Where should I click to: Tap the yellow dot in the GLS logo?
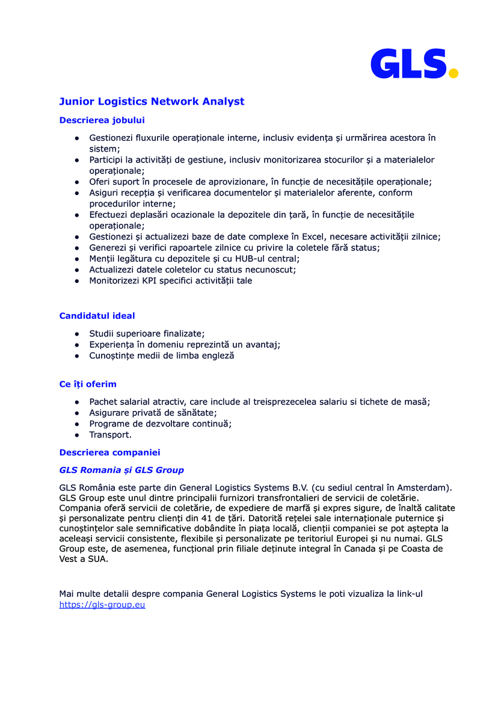(453, 73)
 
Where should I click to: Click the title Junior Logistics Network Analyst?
(152, 101)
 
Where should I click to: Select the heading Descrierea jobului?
(102, 120)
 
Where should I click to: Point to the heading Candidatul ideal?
(97, 316)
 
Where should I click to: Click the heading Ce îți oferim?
(88, 384)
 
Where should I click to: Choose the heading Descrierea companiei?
(109, 452)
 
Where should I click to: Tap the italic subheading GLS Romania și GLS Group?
(121, 470)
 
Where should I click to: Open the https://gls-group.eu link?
(102, 605)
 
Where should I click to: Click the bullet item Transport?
(110, 435)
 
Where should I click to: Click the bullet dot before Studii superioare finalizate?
(77, 334)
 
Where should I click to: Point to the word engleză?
(217, 356)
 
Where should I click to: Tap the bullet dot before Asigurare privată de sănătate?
(77, 413)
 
